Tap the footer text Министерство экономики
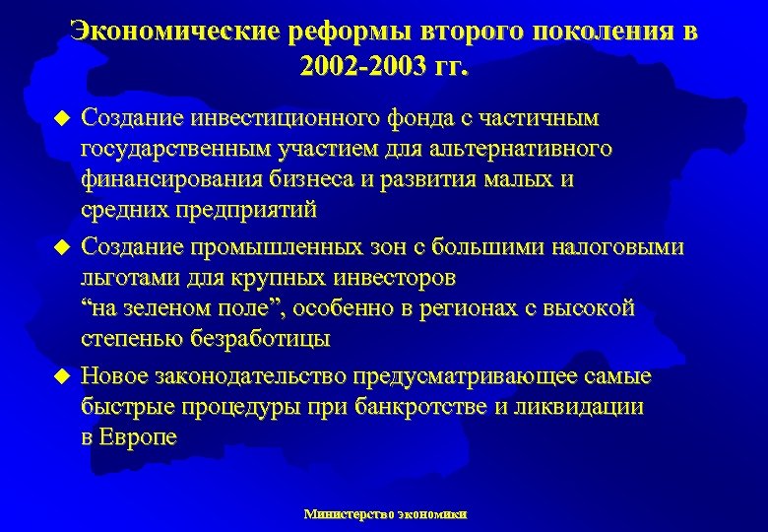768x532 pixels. point(385,514)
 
